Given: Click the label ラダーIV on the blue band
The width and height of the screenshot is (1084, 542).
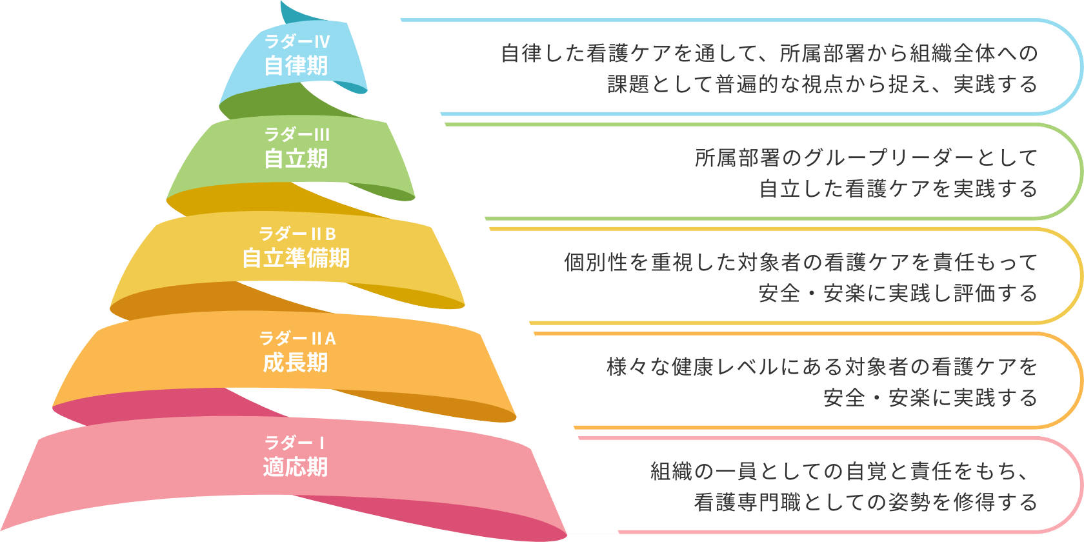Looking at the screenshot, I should tap(297, 42).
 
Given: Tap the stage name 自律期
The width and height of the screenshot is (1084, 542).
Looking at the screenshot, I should tap(296, 66).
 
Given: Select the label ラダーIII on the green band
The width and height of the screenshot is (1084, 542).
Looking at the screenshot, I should tap(297, 135).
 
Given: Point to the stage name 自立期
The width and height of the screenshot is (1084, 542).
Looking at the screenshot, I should tap(296, 159).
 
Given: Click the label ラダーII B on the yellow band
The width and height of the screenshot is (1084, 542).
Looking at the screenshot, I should tap(297, 234).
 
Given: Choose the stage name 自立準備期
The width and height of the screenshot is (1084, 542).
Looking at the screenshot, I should tap(296, 258).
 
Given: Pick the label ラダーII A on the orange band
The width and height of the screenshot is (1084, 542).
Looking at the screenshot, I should tap(297, 338).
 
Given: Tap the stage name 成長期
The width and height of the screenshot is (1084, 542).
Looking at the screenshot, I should tap(296, 363).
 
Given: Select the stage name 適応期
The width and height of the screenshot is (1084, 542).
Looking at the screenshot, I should tap(296, 467).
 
